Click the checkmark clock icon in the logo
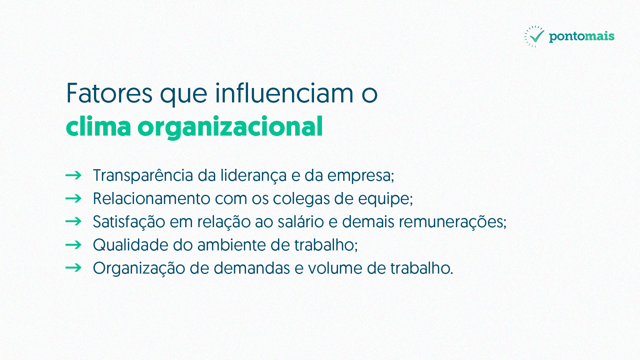click(x=534, y=36)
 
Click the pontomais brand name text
click(x=582, y=36)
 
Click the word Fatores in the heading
click(x=109, y=93)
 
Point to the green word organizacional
click(x=230, y=127)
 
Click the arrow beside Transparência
click(x=74, y=175)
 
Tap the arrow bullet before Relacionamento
click(x=74, y=198)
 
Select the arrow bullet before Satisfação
click(x=74, y=222)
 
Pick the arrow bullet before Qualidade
click(x=74, y=245)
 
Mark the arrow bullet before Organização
click(x=74, y=268)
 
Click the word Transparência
click(x=143, y=176)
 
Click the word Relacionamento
click(x=152, y=198)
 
